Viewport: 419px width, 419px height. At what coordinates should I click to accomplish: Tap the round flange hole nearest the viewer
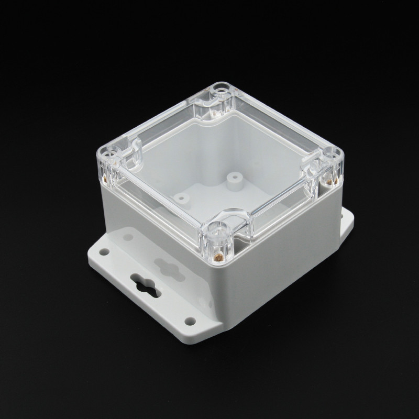pos(190,321)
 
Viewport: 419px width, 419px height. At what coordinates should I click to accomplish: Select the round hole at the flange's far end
pos(105,252)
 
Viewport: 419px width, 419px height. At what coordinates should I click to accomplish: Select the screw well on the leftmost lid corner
pos(112,156)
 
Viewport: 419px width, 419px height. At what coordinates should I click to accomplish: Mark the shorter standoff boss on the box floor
pos(182,198)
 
